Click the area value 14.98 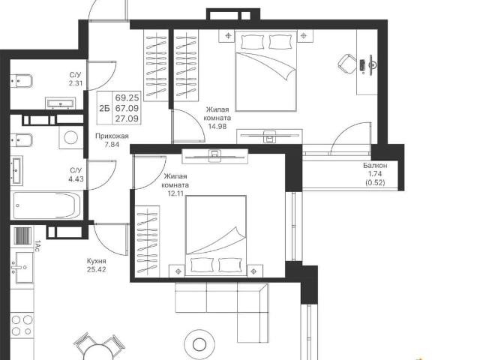217,126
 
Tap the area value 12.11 175,193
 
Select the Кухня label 97,261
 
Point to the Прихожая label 112,136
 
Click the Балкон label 375,165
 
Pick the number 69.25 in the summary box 127,98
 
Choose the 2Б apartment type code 104,108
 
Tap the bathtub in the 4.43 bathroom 46,205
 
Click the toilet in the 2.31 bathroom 22,82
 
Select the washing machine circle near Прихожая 71,138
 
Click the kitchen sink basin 24,268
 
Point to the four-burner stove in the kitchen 22,325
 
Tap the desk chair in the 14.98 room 347,64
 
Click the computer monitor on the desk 372,65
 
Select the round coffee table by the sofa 199,344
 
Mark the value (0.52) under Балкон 375,182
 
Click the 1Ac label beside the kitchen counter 37,246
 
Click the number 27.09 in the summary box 127,118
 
